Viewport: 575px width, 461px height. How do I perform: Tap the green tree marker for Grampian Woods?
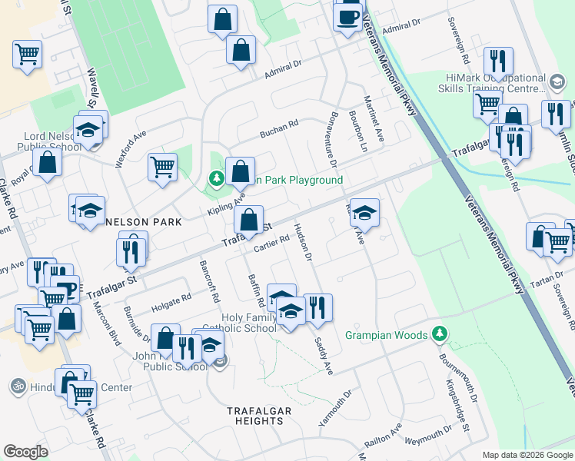[439, 334]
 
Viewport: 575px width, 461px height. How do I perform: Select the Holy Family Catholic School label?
[248, 323]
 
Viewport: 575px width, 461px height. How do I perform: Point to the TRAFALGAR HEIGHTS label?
[259, 416]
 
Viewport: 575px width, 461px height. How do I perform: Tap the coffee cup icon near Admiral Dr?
[347, 16]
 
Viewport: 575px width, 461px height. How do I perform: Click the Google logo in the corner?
[25, 452]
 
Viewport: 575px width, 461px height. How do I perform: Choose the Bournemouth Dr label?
[459, 376]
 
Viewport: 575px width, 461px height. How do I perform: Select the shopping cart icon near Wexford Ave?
[162, 167]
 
